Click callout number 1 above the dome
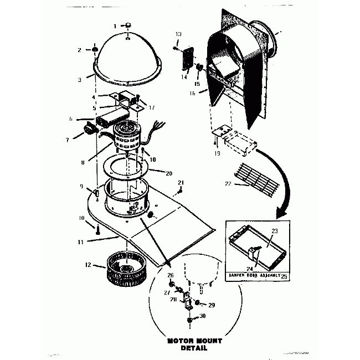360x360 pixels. [x=115, y=26]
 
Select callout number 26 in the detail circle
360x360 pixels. [x=171, y=275]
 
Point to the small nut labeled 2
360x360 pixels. [x=95, y=50]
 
